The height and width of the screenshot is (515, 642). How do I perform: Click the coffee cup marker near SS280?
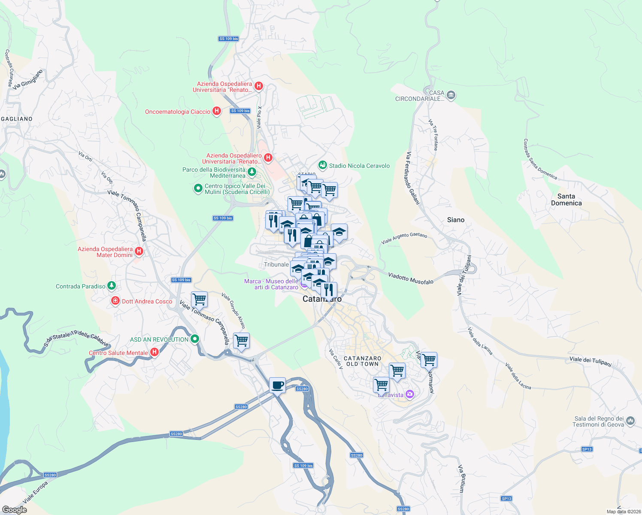pos(277,385)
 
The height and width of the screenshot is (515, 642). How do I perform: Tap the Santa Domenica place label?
pos(566,200)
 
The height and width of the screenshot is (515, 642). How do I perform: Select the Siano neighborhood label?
pos(455,220)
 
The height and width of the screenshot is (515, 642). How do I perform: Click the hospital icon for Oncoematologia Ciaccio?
pos(217,111)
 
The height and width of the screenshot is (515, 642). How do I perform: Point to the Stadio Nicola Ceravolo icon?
pos(322,165)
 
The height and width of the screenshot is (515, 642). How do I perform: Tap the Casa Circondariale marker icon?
pos(451,95)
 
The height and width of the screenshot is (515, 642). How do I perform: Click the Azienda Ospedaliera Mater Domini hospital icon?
pos(139,251)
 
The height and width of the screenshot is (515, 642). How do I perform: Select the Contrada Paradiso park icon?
pos(112,285)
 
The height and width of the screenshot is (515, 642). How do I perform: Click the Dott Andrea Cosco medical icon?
pos(115,301)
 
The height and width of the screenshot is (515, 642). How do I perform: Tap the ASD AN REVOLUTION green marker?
pos(195,339)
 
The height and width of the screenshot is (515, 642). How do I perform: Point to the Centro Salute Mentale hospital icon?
pos(154,352)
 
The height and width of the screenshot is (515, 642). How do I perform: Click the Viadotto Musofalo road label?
pos(411,278)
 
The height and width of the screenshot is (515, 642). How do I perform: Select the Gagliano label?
pos(17,119)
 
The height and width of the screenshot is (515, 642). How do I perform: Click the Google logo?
pos(15,509)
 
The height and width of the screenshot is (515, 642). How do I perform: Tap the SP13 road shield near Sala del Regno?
pos(587,449)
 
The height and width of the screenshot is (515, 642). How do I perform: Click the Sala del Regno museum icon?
pos(630,421)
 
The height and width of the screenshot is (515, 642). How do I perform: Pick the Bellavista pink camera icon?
pos(410,394)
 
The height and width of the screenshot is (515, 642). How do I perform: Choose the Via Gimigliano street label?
pos(28,80)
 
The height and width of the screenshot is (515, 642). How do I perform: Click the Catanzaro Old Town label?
pos(362,361)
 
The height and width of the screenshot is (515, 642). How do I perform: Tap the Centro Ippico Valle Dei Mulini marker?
pos(198,188)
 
